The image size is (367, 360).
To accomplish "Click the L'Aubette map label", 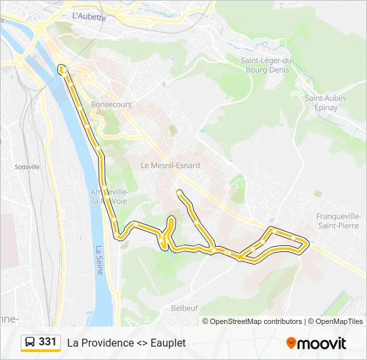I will coord(88,16).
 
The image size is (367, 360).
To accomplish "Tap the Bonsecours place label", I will coord(111,105).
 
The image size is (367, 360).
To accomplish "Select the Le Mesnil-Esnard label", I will coord(170,165).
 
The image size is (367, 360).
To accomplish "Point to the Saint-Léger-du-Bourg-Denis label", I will coord(268,65).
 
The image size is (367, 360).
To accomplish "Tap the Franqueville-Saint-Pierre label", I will coord(341,221).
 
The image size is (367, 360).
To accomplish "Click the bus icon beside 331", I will coord(30,342).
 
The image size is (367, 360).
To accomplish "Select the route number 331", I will coord(47,342).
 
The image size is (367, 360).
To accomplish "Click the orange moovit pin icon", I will coord(291,343).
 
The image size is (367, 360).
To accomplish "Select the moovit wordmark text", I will coord(322,343).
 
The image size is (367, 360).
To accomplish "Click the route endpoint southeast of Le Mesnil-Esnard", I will coord(179,193).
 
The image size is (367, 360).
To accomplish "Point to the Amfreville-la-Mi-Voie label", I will coord(108,197).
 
